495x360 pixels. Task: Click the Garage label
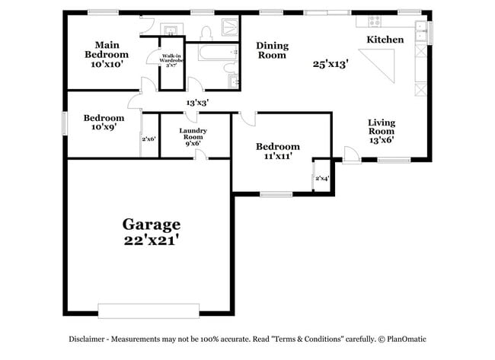[x=152, y=225]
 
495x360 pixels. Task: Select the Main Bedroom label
[x=106, y=49]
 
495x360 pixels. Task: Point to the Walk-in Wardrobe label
[x=171, y=60]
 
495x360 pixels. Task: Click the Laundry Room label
[x=193, y=136]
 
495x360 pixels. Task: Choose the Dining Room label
[x=271, y=49]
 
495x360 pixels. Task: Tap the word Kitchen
[x=385, y=40]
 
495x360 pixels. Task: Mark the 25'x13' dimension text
[x=330, y=65]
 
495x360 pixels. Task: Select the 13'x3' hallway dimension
[x=198, y=102]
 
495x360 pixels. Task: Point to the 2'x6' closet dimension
[x=148, y=139]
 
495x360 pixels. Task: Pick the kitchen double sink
[x=420, y=32]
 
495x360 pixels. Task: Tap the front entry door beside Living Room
[x=351, y=156]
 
